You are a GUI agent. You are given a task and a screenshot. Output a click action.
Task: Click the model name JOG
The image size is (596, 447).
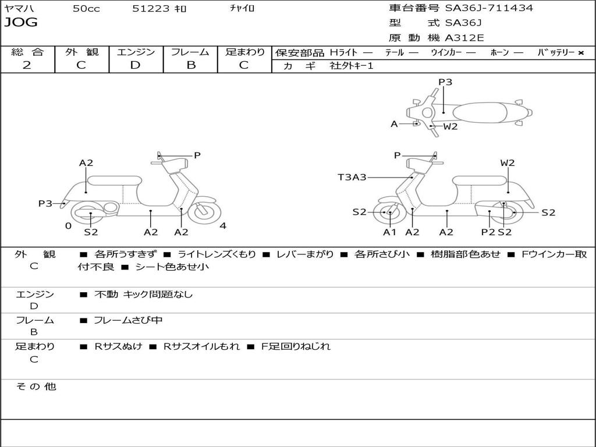[x=21, y=23]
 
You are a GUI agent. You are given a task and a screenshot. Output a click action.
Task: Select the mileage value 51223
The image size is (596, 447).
[x=151, y=9]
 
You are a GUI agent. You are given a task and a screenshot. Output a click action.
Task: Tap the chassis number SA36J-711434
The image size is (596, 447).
[x=489, y=8]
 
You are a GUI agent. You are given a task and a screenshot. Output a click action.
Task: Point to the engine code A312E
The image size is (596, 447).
[x=464, y=38]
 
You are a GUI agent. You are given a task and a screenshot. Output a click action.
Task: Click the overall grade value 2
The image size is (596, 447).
[x=27, y=65]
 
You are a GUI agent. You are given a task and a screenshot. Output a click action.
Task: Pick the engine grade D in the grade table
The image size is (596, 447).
[x=135, y=65]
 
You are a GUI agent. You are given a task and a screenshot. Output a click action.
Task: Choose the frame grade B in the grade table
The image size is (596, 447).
[x=190, y=65]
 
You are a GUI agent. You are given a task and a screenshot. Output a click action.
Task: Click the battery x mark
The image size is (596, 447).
[x=581, y=52]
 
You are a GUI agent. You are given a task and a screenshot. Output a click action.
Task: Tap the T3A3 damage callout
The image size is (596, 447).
[x=352, y=177]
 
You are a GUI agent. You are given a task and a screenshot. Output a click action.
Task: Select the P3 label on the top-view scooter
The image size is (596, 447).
[x=445, y=82]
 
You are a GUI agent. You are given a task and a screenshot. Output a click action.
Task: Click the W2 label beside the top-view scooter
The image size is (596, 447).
[x=450, y=126]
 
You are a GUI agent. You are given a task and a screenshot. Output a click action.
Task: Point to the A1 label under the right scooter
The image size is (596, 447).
[x=389, y=232]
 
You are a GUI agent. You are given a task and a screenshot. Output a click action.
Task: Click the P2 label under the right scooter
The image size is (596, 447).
[x=488, y=232]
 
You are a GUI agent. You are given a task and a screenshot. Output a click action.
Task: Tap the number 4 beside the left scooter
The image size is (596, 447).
[x=223, y=226]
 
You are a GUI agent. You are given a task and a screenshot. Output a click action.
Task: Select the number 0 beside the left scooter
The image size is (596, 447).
[x=68, y=226]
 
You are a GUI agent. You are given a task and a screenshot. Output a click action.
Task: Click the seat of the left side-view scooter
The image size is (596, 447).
[x=114, y=180]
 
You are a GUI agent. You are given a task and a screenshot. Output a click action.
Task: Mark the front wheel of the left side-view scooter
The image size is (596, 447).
[x=201, y=211]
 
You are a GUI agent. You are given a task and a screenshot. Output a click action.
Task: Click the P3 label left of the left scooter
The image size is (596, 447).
[x=45, y=203]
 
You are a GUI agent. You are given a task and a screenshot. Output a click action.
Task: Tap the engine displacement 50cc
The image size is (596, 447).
[x=86, y=9]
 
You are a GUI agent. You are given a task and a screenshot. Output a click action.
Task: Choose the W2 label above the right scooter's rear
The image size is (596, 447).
[x=508, y=163]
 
